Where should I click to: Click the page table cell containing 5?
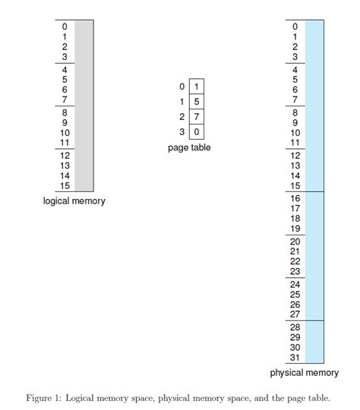(197, 101)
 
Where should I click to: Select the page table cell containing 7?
(197, 116)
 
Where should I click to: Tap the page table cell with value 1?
(197, 87)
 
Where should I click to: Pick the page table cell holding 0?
(197, 131)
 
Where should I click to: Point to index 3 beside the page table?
(182, 131)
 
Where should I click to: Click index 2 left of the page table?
(182, 116)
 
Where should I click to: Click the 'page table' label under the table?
(189, 147)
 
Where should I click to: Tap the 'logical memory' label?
(74, 201)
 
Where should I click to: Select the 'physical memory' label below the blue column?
(305, 373)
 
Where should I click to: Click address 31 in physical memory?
(295, 358)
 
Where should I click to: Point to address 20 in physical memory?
(295, 241)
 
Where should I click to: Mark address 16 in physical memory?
(295, 198)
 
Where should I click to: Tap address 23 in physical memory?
(295, 272)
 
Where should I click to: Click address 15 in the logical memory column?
(65, 185)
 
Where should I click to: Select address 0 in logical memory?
(65, 27)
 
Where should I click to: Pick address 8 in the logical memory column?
(65, 112)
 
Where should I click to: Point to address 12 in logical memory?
(65, 155)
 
